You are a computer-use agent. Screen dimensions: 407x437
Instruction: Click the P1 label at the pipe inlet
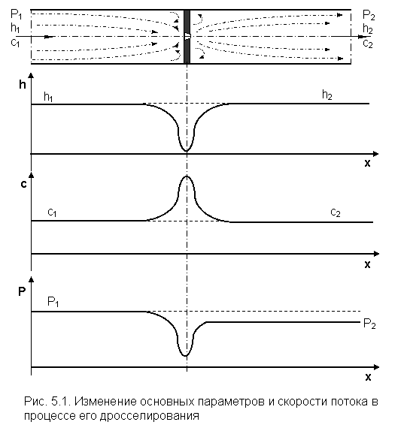[x=16, y=14]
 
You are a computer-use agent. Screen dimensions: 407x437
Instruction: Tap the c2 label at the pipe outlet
[x=368, y=44]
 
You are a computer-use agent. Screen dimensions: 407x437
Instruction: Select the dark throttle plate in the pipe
[x=187, y=37]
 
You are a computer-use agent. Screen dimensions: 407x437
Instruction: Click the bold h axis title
[x=23, y=84]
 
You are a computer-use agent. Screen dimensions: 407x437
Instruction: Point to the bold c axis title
[x=24, y=184]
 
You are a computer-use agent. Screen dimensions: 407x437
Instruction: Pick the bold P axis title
[x=22, y=291]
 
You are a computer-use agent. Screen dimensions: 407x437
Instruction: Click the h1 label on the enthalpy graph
[x=48, y=97]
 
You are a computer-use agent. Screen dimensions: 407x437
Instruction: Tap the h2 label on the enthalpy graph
[x=327, y=95]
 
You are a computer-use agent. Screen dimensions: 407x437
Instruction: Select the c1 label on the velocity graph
[x=52, y=212]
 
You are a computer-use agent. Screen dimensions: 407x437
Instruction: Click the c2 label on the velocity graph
[x=336, y=213]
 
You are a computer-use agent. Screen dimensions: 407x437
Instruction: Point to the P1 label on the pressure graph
[x=53, y=302]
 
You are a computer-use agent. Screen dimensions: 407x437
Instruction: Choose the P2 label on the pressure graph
[x=369, y=324]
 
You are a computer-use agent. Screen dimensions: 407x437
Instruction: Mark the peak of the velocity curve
[x=187, y=176]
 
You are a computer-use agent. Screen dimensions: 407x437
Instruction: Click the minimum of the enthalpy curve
[x=186, y=152]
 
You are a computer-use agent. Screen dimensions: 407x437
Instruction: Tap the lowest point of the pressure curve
[x=186, y=356]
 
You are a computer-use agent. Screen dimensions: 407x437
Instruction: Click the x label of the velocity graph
[x=367, y=264]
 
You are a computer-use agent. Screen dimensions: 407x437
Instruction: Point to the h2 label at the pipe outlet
[x=368, y=29]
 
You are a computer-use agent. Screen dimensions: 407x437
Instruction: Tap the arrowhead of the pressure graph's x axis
[x=376, y=367]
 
